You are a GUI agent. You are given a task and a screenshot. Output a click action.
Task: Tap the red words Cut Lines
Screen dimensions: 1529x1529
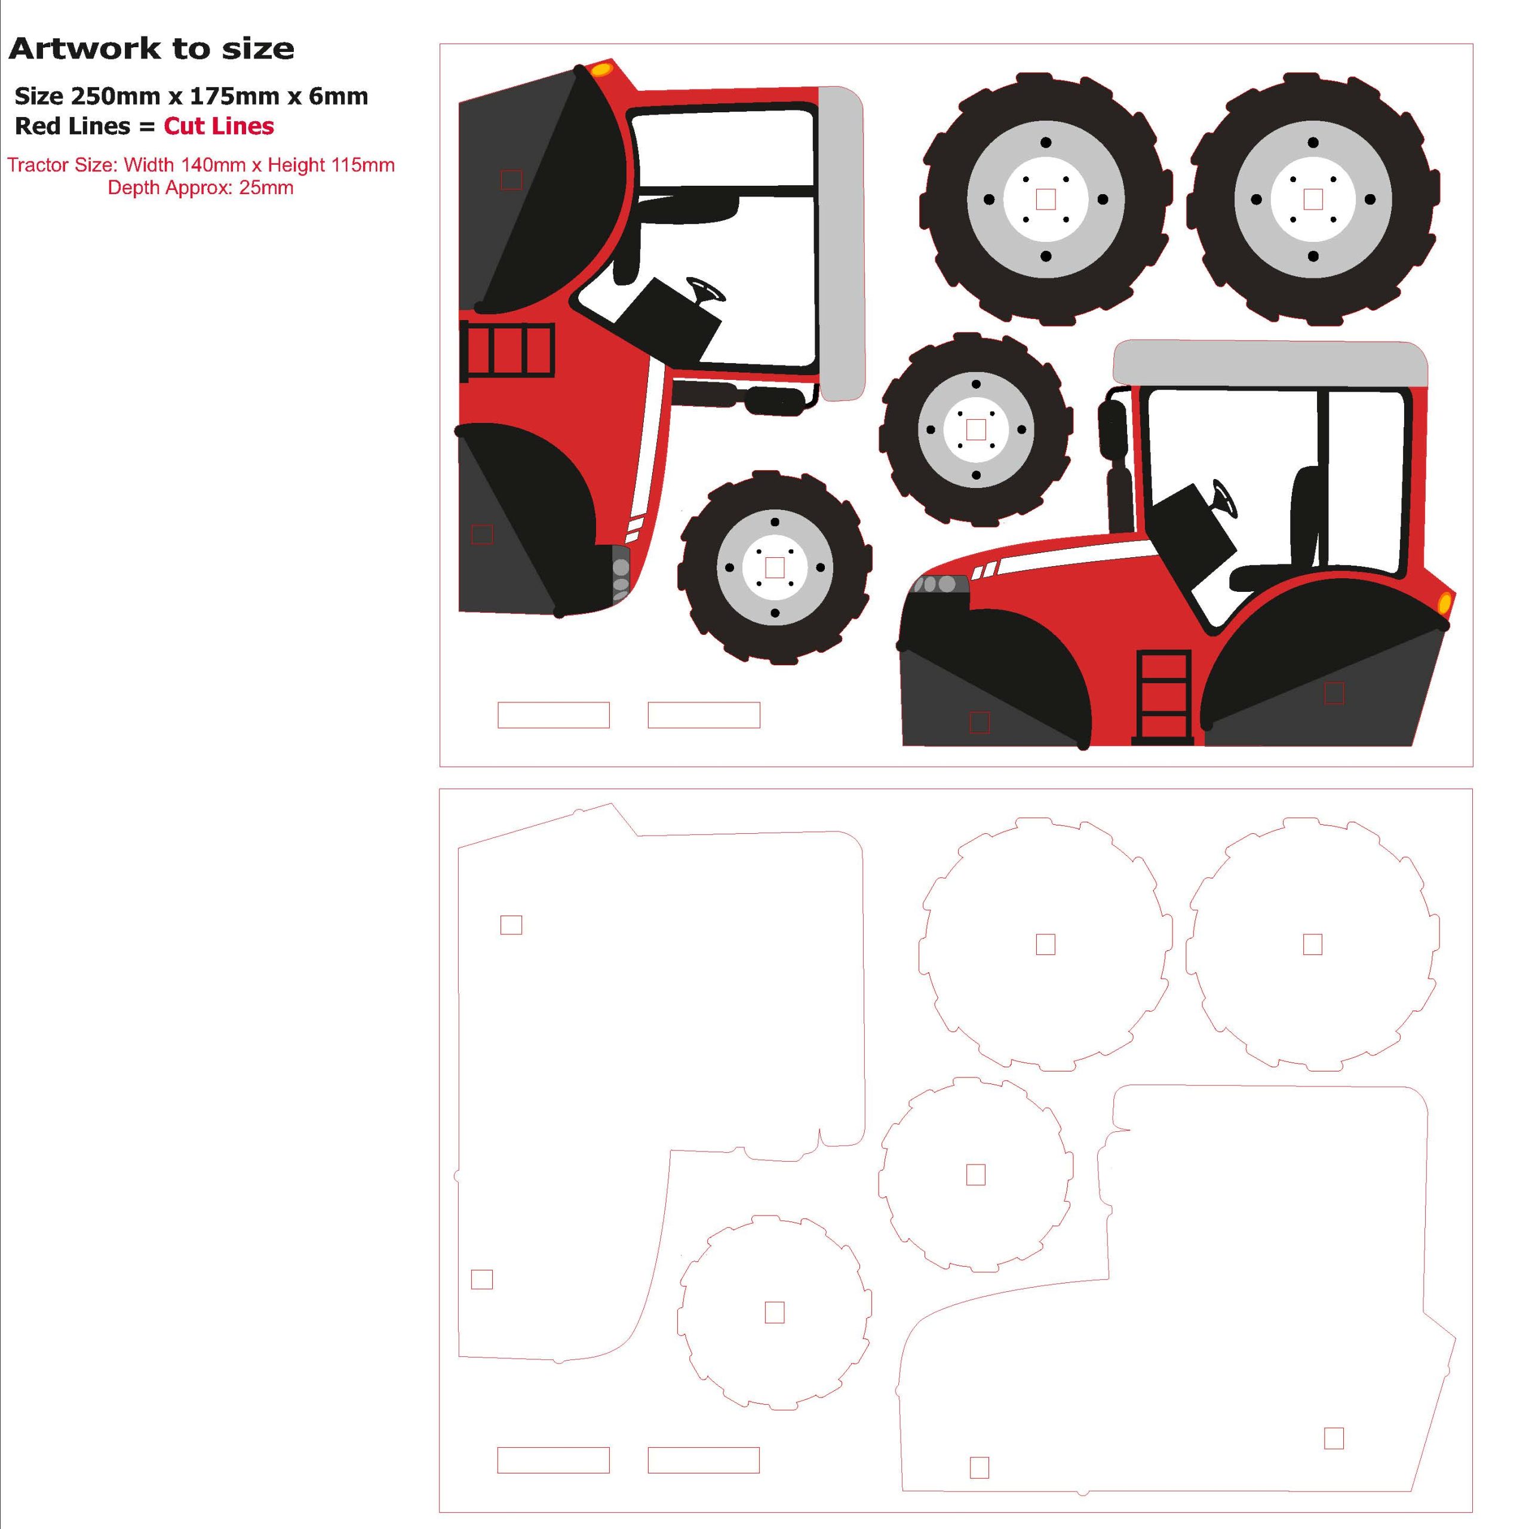(x=219, y=126)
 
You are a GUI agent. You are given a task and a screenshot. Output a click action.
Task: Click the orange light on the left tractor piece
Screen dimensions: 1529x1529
(x=601, y=70)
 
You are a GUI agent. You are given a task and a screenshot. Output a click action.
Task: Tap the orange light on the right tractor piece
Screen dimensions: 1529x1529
(x=1444, y=603)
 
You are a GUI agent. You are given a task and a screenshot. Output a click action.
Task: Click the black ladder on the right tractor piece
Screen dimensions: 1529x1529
(x=1162, y=697)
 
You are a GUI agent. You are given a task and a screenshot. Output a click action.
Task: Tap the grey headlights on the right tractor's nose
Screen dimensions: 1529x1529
(x=940, y=584)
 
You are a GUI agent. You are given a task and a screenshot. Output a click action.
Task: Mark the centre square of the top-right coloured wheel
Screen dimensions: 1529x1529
(x=1313, y=199)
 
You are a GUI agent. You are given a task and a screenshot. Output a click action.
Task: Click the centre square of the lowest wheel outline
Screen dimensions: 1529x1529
(x=775, y=1313)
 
